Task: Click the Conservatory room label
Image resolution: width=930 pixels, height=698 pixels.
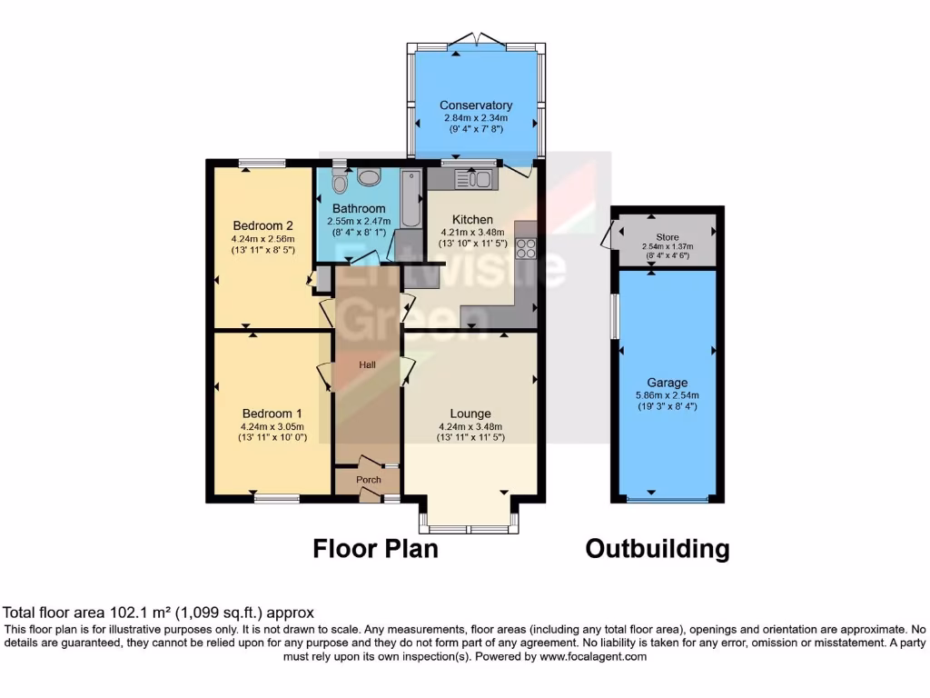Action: pyautogui.click(x=475, y=105)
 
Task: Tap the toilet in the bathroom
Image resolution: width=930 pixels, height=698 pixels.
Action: pyautogui.click(x=340, y=184)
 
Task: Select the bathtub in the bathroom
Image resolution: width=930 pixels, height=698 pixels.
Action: pyautogui.click(x=411, y=199)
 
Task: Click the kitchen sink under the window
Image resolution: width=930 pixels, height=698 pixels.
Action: pyautogui.click(x=472, y=180)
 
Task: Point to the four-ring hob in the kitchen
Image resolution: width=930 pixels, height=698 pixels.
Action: pyautogui.click(x=526, y=245)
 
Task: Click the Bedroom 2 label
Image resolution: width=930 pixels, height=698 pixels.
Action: pyautogui.click(x=262, y=226)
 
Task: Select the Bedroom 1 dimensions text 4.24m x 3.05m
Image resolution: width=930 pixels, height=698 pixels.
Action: pyautogui.click(x=272, y=426)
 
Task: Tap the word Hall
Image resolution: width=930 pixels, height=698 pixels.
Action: pyautogui.click(x=367, y=364)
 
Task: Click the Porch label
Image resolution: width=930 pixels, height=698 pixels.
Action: pyautogui.click(x=368, y=480)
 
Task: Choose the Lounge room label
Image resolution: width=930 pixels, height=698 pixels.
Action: pyautogui.click(x=470, y=414)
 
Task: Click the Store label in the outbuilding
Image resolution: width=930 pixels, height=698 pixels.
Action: pyautogui.click(x=668, y=236)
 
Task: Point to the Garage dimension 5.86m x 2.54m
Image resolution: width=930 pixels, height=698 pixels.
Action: pyautogui.click(x=668, y=395)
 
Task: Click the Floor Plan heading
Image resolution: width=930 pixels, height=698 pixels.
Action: pyautogui.click(x=375, y=549)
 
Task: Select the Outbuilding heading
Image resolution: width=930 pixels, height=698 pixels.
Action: pyautogui.click(x=657, y=549)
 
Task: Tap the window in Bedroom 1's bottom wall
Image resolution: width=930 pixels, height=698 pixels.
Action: pyautogui.click(x=276, y=498)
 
